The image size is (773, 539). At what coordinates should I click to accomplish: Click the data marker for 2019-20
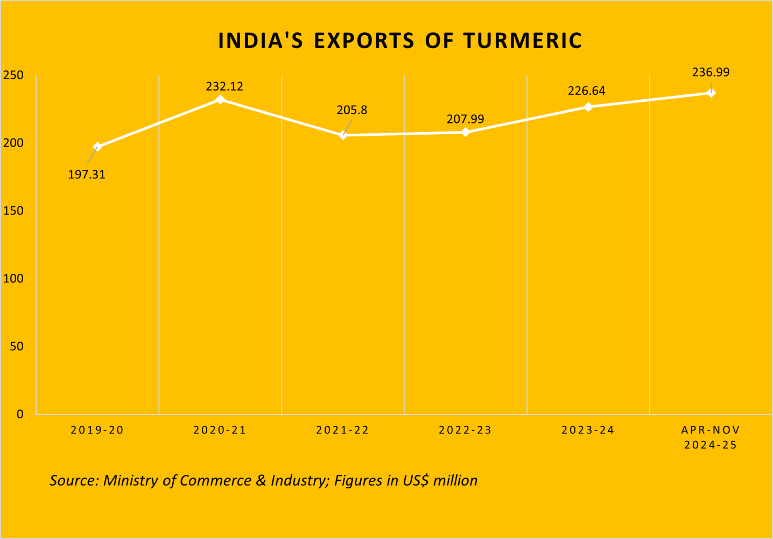tap(97, 147)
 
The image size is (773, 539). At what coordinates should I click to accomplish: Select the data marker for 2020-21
tap(220, 99)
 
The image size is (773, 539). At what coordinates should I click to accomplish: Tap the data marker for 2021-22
tap(343, 135)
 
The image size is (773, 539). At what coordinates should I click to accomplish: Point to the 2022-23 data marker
tap(466, 132)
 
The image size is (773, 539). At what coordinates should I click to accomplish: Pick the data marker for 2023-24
tap(588, 107)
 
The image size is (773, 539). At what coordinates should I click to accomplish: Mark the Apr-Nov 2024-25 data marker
tap(711, 93)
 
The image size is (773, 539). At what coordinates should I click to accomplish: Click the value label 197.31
tap(87, 175)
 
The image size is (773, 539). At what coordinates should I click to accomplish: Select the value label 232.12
tap(224, 86)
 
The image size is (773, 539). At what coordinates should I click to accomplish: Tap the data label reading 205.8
tap(352, 110)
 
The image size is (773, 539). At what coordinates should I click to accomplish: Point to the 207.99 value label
tap(466, 119)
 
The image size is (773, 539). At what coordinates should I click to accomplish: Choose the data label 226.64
tap(587, 91)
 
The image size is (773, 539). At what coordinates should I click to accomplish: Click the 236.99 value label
tap(711, 72)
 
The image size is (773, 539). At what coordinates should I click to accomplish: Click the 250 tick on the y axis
tap(13, 75)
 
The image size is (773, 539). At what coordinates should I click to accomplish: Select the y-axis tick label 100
tap(13, 279)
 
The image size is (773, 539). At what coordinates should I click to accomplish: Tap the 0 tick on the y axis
tap(20, 414)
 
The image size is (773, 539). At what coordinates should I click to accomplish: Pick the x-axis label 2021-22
tap(343, 430)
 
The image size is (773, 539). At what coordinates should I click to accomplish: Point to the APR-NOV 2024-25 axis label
tap(711, 437)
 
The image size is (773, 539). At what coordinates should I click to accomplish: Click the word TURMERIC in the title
tap(523, 41)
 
